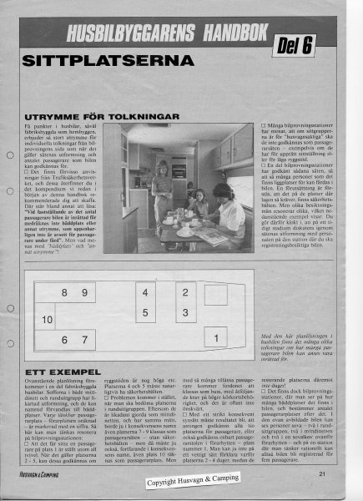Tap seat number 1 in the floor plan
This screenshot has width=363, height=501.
tap(217, 337)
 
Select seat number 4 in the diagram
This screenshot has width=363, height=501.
tap(144, 295)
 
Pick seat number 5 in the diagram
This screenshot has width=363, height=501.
tap(144, 314)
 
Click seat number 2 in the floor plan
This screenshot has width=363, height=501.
tap(185, 294)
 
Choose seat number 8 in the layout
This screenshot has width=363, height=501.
tap(66, 294)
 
